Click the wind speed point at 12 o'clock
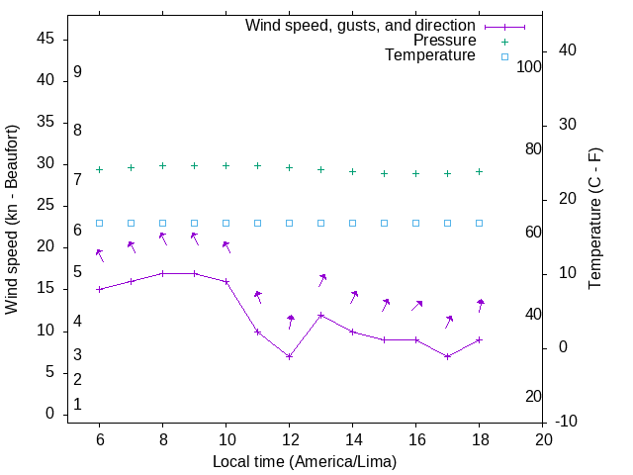click(289, 356)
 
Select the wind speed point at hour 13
click(320, 316)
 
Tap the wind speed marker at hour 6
click(99, 289)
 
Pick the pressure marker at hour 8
click(162, 166)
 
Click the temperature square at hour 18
click(479, 223)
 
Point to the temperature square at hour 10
click(226, 223)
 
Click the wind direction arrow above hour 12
click(290, 322)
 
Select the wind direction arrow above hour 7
click(132, 246)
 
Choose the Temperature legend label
click(430, 56)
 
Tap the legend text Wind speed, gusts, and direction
click(360, 26)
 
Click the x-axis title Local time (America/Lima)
click(305, 461)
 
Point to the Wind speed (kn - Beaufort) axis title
click(12, 220)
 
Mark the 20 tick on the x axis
click(542, 437)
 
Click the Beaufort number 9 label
click(77, 72)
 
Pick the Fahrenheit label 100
click(529, 66)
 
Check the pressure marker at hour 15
click(384, 173)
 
